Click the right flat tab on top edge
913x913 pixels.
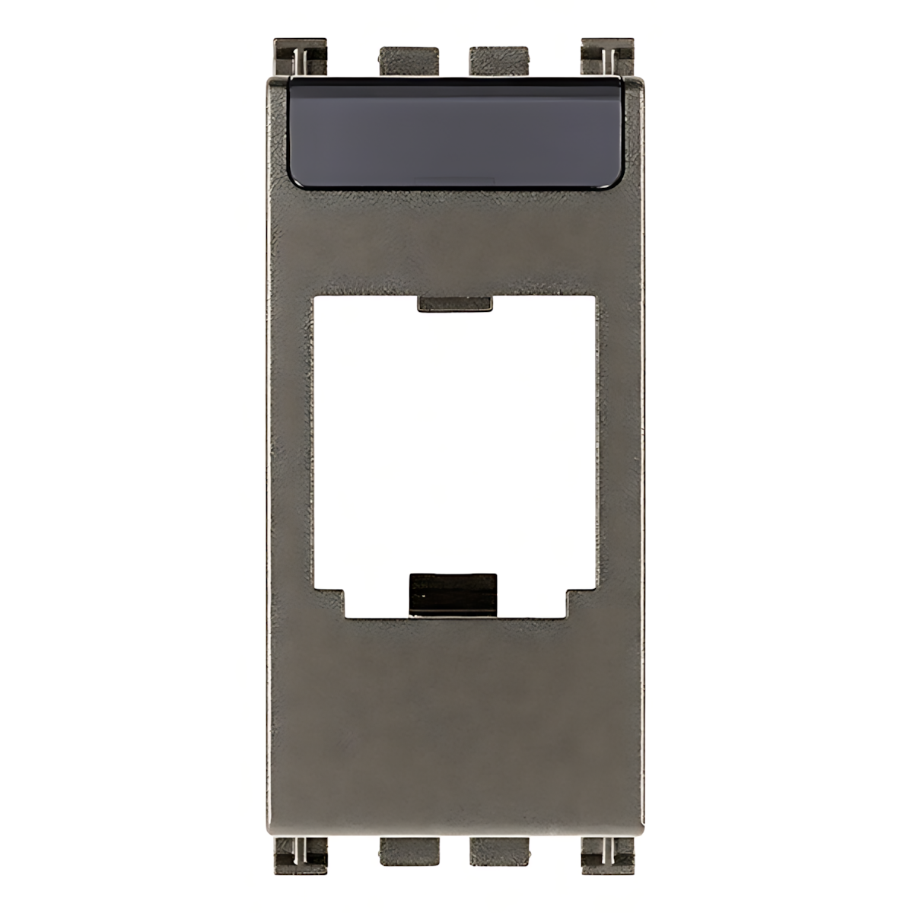[500, 61]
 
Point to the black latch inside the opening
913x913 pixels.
[453, 593]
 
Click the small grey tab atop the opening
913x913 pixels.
[455, 304]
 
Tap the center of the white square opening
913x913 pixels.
[455, 449]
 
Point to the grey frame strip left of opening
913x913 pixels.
[291, 456]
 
